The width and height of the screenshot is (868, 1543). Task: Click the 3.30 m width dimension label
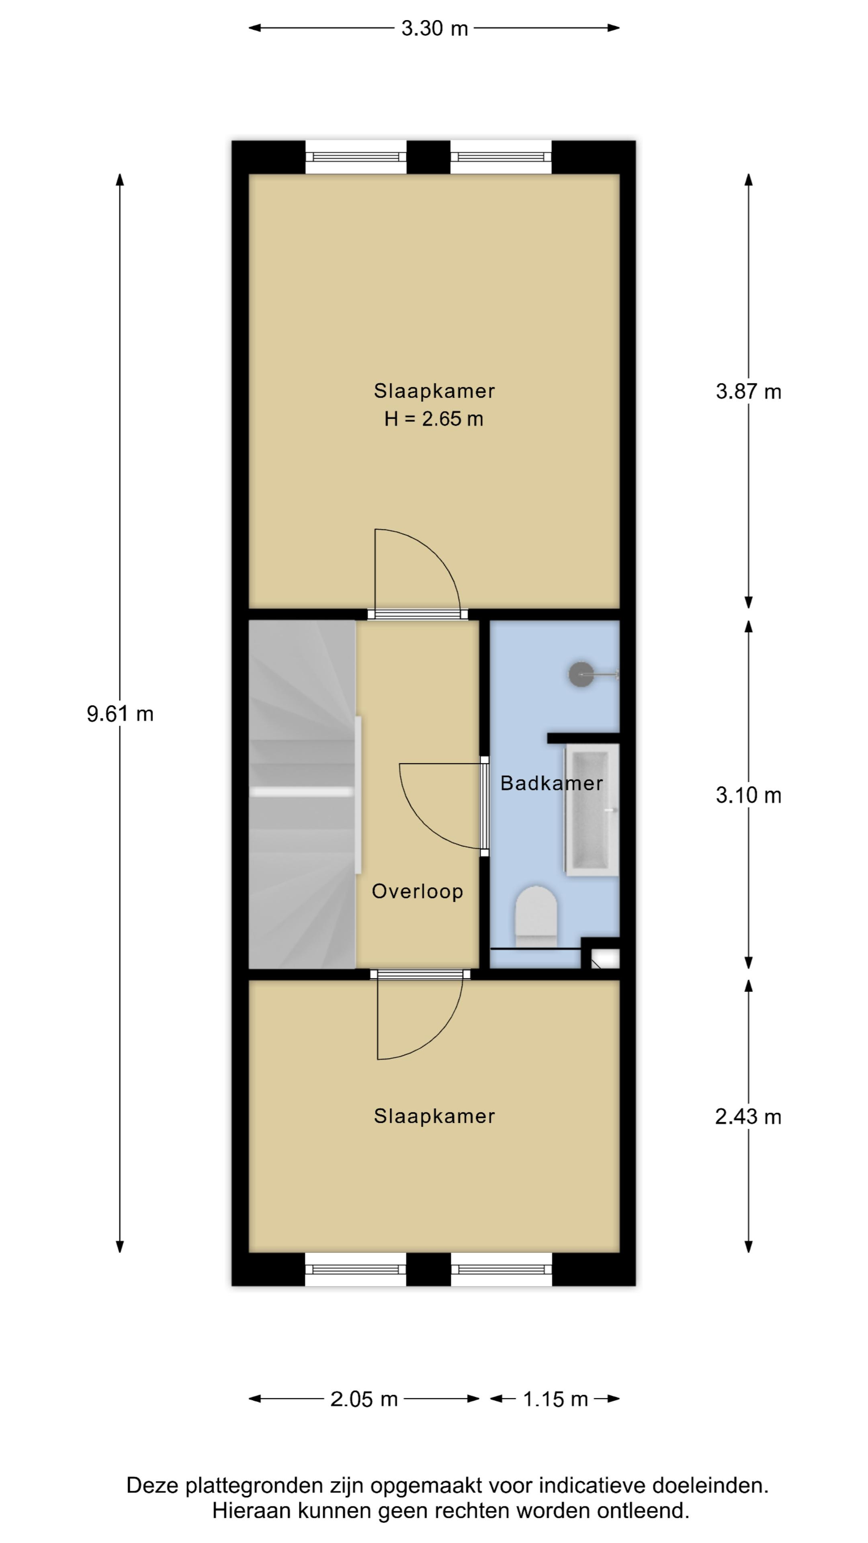coord(434,28)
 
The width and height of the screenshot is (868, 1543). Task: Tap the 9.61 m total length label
coord(120,713)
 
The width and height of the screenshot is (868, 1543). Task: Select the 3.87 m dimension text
coord(748,391)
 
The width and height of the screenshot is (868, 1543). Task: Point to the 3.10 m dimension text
coord(748,795)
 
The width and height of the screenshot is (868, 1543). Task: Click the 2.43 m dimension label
coord(748,1117)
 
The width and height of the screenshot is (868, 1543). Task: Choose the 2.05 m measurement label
coord(364,1399)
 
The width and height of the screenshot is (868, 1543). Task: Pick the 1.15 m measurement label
coord(555,1399)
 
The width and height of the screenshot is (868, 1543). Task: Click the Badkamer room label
coord(551,783)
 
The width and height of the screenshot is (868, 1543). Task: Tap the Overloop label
coord(418,891)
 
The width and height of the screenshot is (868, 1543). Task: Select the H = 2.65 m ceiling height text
coord(434,419)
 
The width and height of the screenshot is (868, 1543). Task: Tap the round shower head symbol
coord(580,674)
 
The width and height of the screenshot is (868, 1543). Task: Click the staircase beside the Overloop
coord(303,794)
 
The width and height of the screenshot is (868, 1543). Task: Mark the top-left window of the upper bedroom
coord(356,157)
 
